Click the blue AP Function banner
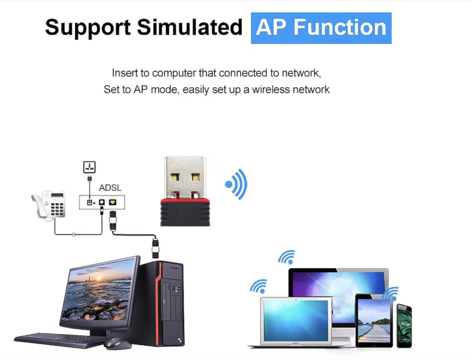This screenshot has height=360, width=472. coord(321,28)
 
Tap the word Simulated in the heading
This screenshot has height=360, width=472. coord(189,27)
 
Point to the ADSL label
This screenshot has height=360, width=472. coord(110,188)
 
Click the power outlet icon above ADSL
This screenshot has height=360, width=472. coord(89,167)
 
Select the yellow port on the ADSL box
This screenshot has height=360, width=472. coord(113,202)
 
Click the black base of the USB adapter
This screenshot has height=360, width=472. coord(185,214)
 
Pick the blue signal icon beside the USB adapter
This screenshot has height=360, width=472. coord(237,184)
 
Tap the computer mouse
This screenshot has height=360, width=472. coord(117,344)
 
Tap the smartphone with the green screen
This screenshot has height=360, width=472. coord(404,326)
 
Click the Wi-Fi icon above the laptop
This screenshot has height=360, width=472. coord(258,286)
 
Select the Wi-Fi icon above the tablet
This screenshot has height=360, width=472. coord(391,294)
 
